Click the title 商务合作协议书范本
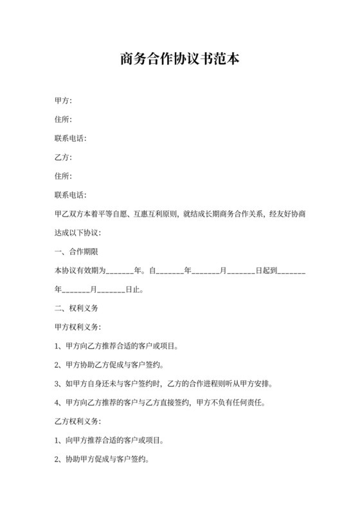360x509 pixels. point(179,60)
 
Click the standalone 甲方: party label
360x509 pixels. point(63,100)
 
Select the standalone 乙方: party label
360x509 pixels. point(63,157)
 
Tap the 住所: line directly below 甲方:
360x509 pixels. point(63,119)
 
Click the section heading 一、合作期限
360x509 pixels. point(76,252)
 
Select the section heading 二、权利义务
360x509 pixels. point(76,308)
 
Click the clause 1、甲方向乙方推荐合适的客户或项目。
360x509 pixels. point(116,346)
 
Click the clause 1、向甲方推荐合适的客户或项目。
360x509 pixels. point(109,441)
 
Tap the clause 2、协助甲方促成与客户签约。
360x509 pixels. point(102,460)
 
